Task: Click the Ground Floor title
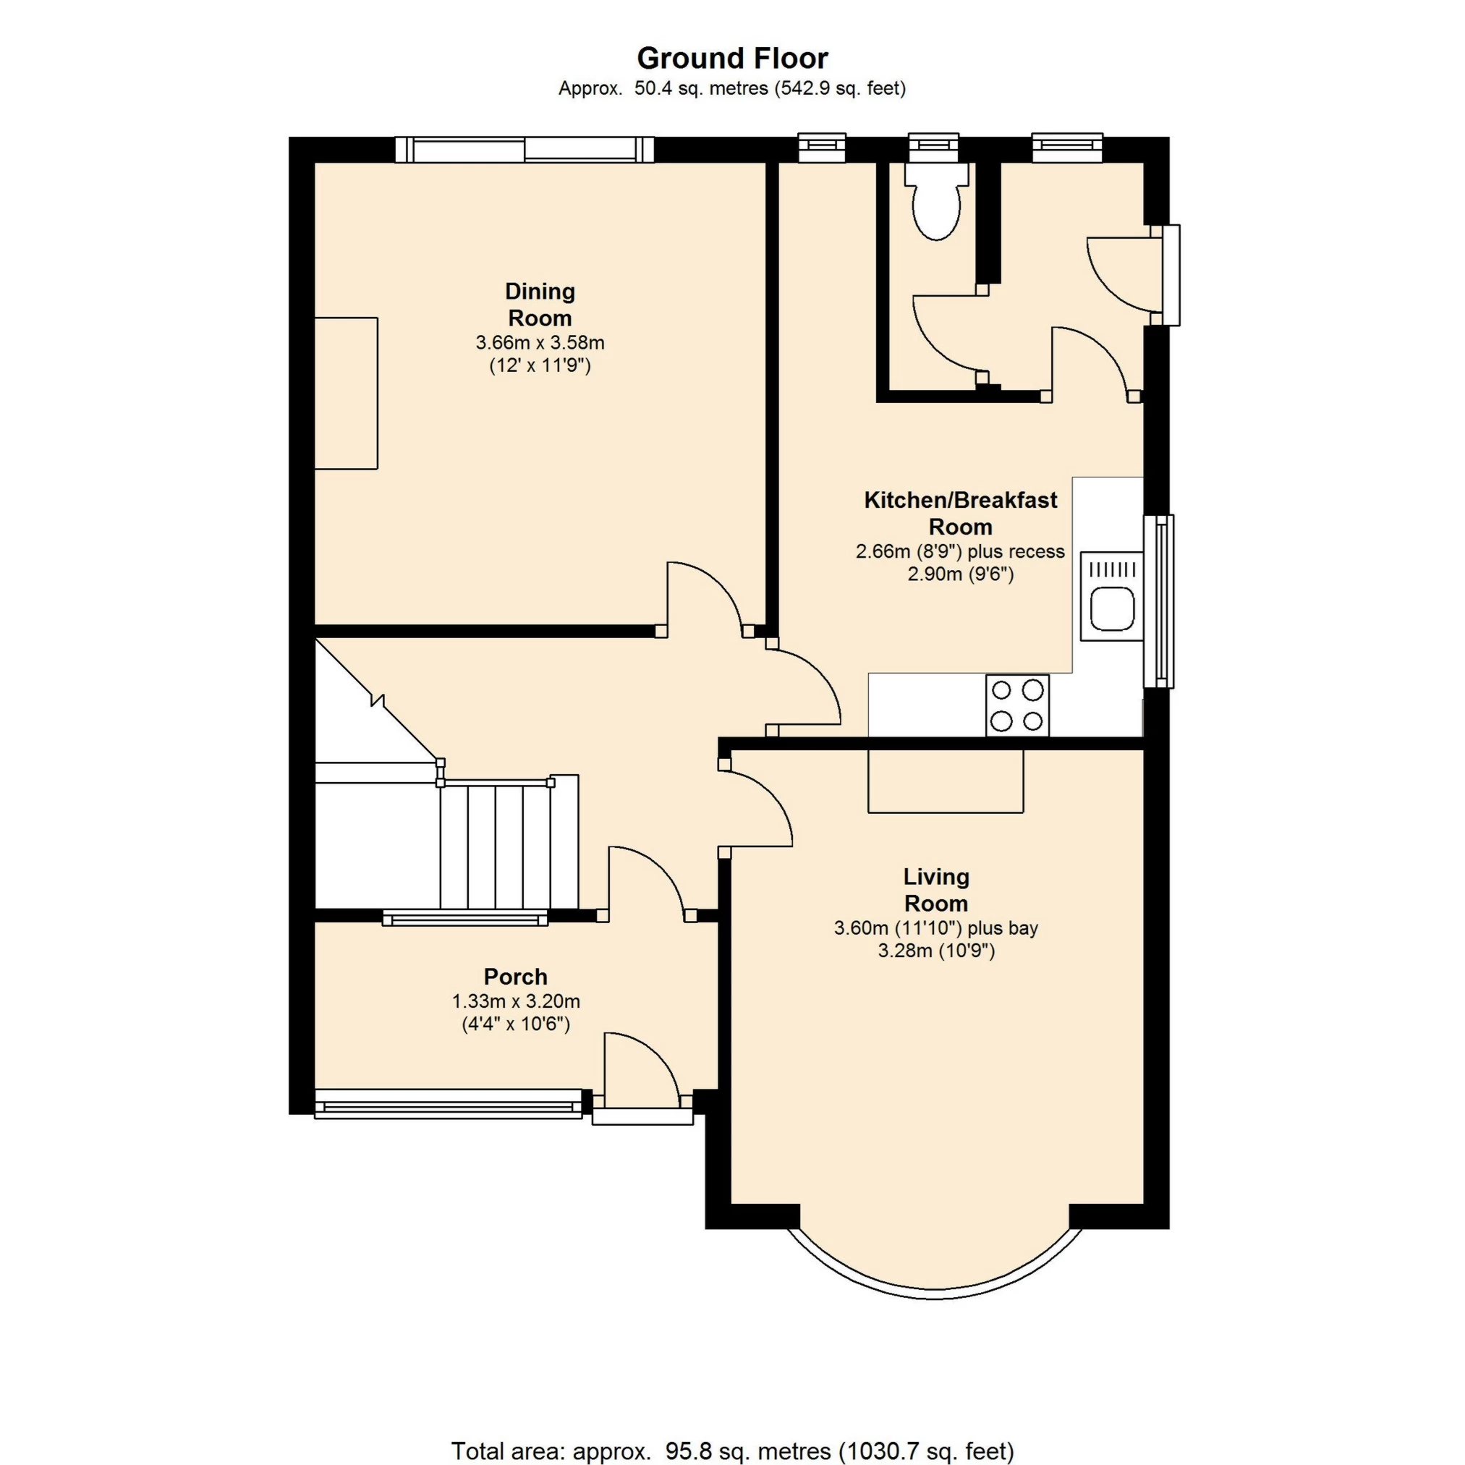click(731, 59)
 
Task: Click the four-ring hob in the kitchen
click(1017, 705)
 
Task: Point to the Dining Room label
click(539, 304)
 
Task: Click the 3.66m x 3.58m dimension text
click(539, 342)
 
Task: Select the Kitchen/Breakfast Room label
click(960, 513)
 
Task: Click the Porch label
click(516, 976)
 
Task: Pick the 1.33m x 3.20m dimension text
click(516, 1001)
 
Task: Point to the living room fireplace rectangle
click(945, 781)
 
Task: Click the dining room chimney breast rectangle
click(346, 393)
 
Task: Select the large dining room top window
click(524, 149)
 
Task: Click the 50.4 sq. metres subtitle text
click(731, 89)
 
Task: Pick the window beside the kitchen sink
click(1158, 600)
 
